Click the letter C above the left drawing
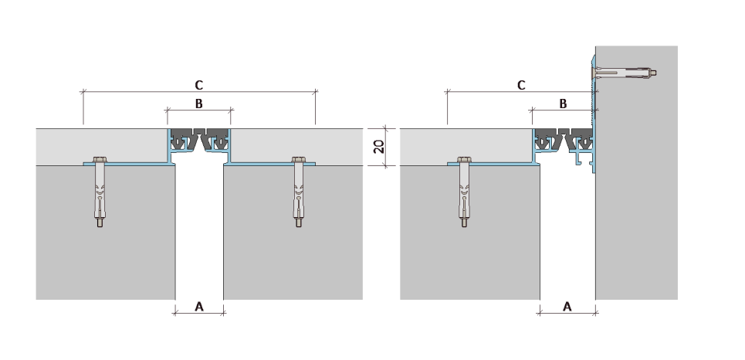click(198, 85)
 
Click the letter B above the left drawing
click(198, 104)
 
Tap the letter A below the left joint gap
click(199, 307)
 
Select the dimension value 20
click(379, 147)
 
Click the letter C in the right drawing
click(521, 85)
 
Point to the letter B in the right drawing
click(563, 104)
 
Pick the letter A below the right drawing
click(567, 307)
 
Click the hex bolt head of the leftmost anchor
click(100, 159)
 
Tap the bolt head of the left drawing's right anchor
click(298, 159)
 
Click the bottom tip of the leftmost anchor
click(100, 226)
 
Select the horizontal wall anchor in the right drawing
click(623, 73)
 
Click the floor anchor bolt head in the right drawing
click(464, 159)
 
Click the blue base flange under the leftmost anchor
click(128, 164)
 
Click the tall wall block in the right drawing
click(637, 172)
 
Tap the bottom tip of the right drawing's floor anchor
click(464, 226)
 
